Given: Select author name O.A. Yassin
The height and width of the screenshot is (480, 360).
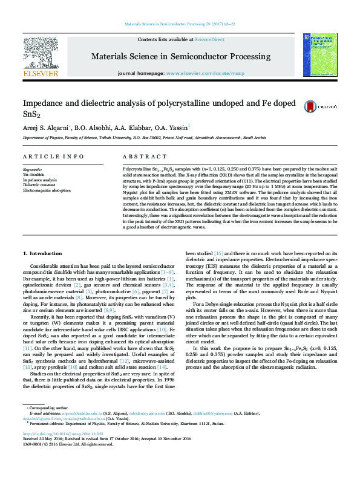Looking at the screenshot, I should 172,128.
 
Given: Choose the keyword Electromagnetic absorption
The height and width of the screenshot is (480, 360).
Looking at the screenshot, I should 47,190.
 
